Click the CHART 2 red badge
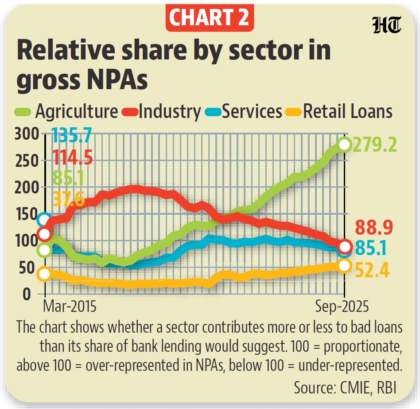210,18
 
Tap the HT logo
386,25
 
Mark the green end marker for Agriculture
345,144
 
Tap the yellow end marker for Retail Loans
344,266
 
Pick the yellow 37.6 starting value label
68,199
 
